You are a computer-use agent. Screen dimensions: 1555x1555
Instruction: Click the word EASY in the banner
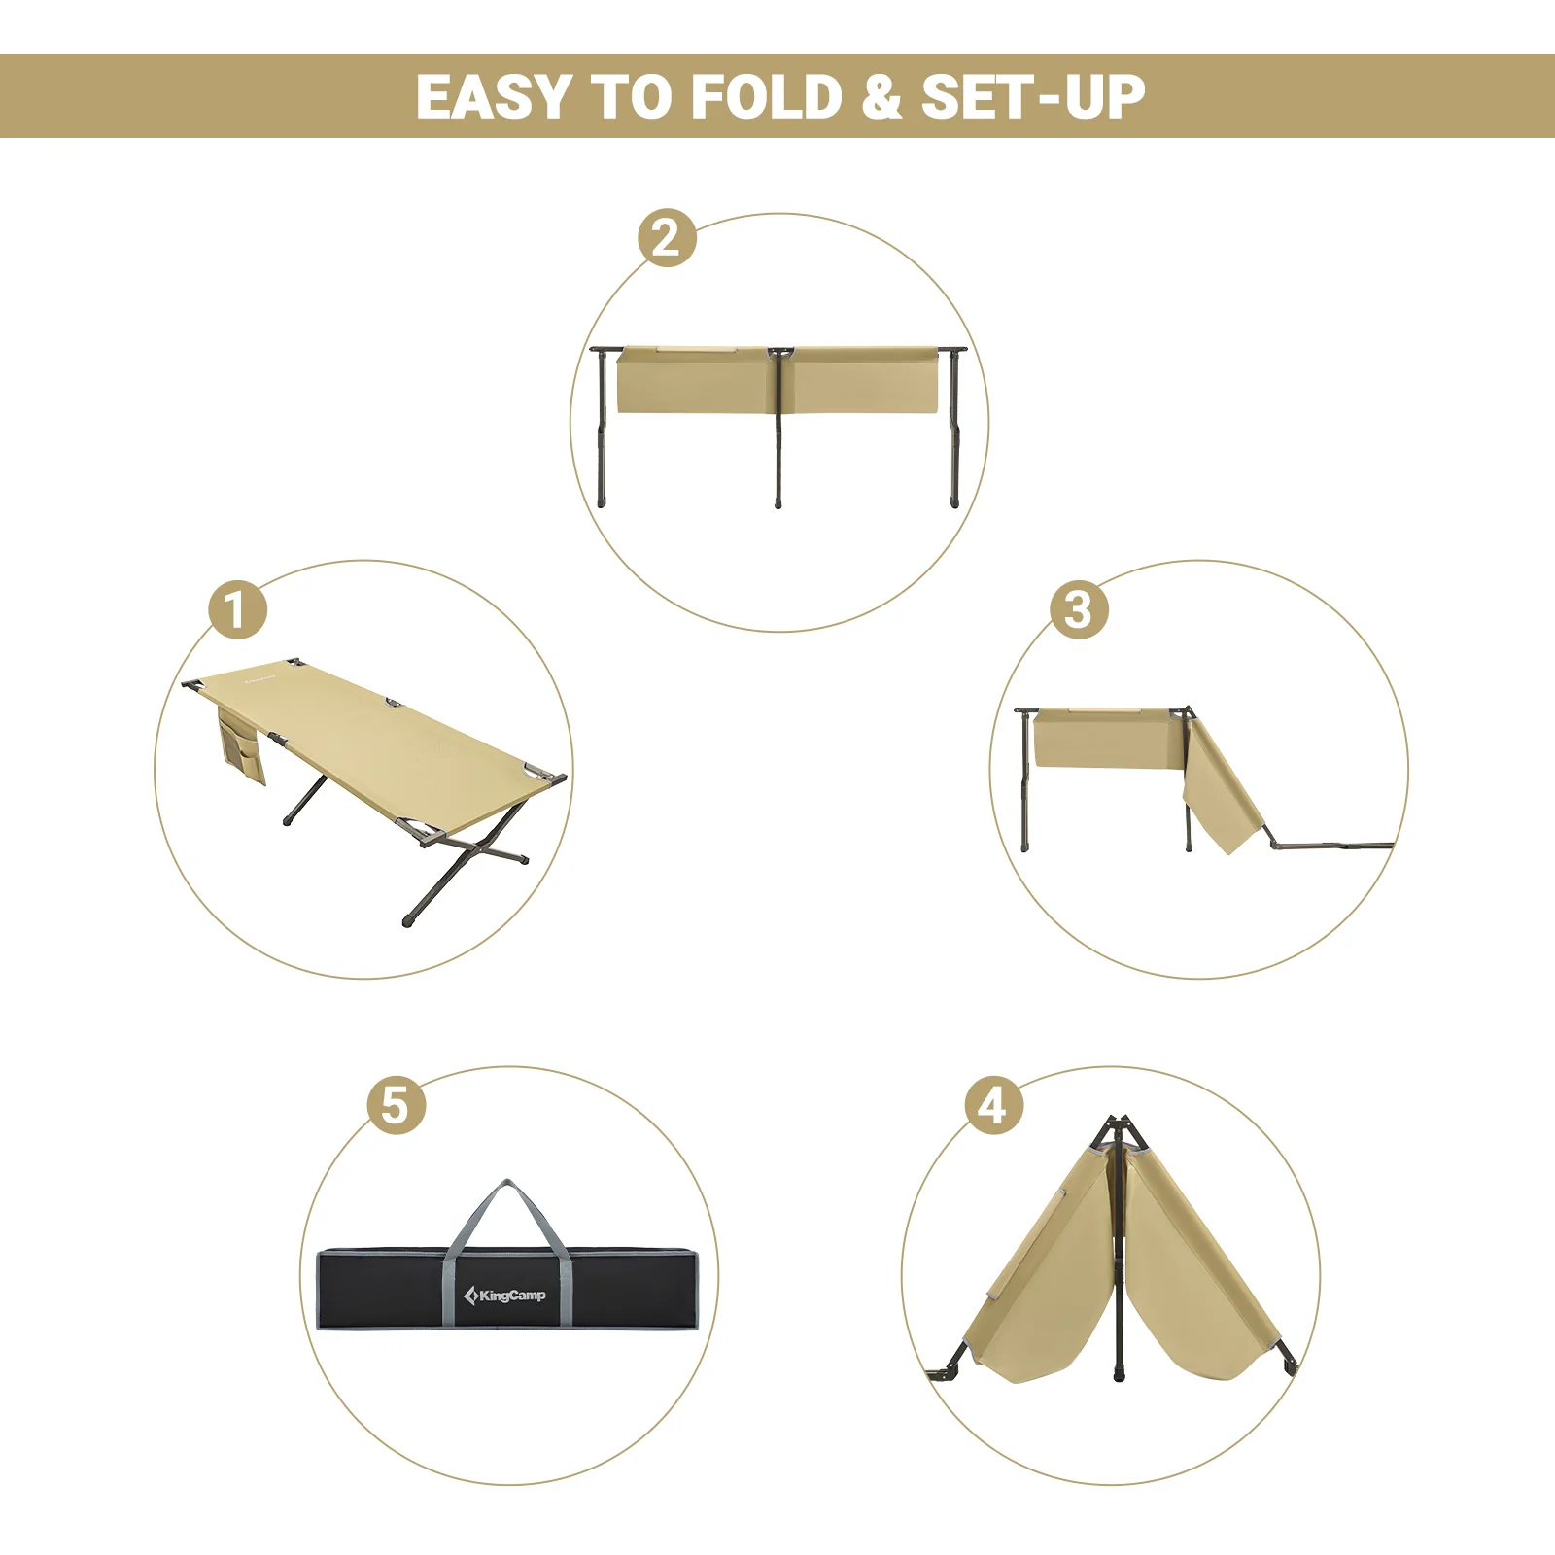[x=493, y=97]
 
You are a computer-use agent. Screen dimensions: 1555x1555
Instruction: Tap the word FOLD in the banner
[x=766, y=97]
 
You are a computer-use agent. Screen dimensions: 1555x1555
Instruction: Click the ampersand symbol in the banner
[x=881, y=97]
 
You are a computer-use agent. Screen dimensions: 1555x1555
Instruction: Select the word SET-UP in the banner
[x=1032, y=97]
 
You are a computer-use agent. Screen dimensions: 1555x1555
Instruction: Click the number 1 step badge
[x=237, y=610]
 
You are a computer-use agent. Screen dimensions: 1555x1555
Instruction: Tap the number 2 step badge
[x=667, y=238]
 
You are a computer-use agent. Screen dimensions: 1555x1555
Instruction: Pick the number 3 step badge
[x=1079, y=610]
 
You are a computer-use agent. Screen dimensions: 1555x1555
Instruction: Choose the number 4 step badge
[x=993, y=1106]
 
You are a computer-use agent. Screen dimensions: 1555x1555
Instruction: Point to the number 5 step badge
[x=396, y=1106]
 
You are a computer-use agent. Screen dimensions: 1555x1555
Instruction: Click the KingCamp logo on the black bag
[x=505, y=1296]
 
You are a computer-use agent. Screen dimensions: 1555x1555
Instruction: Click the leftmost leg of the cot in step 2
[x=602, y=437]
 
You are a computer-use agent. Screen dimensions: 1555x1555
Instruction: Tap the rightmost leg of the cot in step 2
[x=954, y=437]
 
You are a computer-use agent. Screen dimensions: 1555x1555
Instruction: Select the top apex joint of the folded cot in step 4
[x=1118, y=1127]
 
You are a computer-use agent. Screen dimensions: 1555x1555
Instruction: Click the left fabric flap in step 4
[x=1045, y=1283]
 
